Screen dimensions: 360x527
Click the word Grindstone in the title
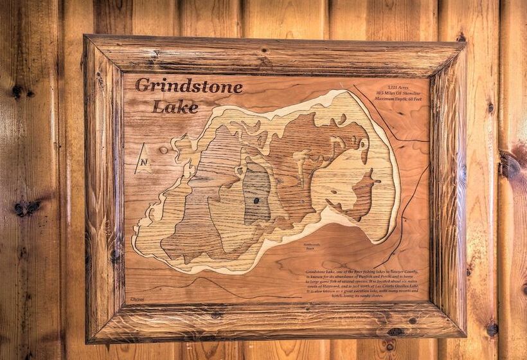(188, 87)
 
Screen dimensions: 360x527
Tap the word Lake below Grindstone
(175, 107)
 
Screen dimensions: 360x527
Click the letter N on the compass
(143, 162)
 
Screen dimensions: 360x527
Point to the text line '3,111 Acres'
(400, 87)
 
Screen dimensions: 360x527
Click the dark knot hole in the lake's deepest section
(256, 201)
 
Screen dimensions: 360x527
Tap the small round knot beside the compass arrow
(163, 150)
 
